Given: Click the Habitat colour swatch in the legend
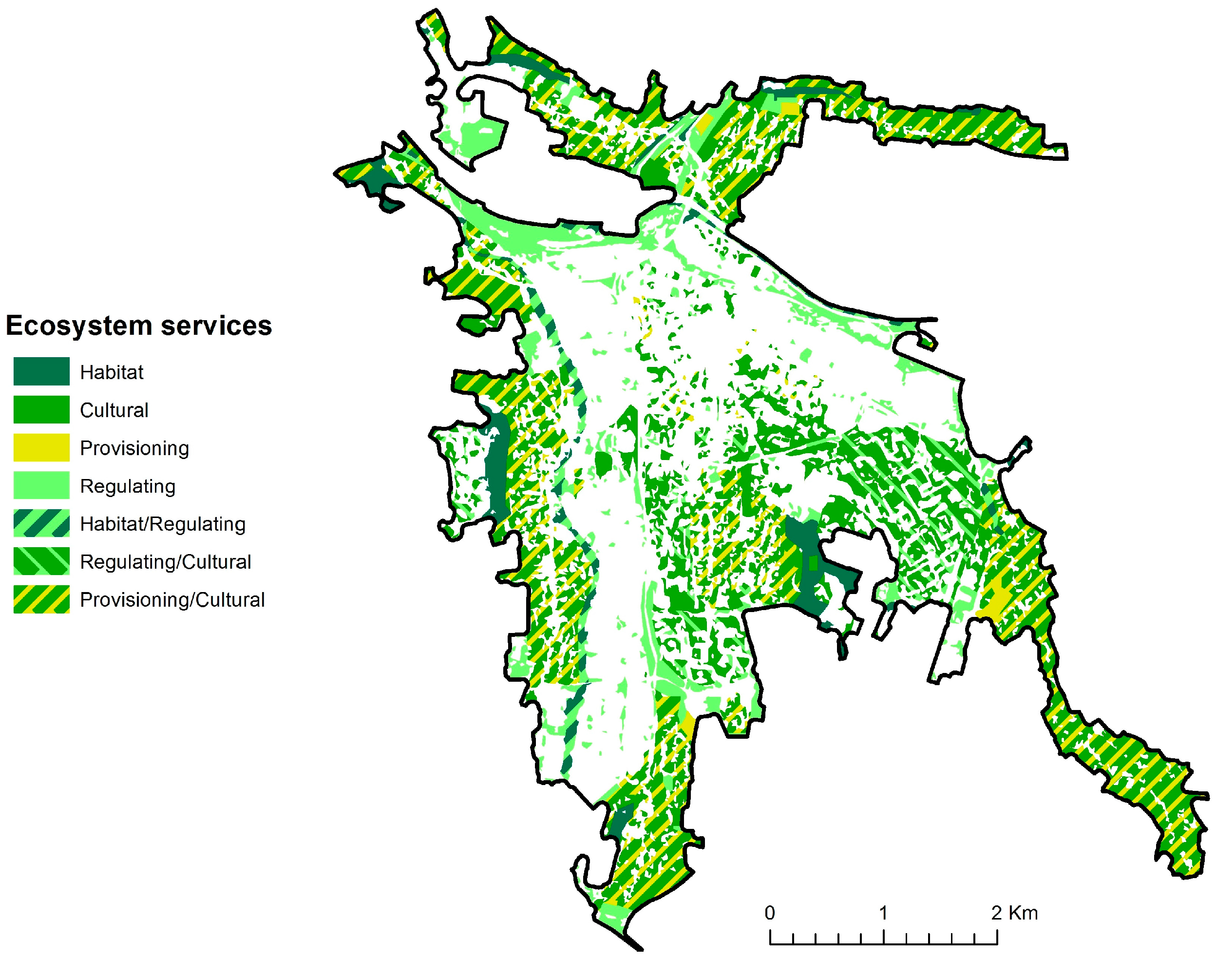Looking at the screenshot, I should pyautogui.click(x=41, y=371).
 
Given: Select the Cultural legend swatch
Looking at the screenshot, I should pyautogui.click(x=41, y=409).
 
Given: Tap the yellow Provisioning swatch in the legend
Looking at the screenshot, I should pyautogui.click(x=41, y=447).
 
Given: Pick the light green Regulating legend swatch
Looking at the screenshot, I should pyautogui.click(x=41, y=485).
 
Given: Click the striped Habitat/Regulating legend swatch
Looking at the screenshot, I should pyautogui.click(x=41, y=523).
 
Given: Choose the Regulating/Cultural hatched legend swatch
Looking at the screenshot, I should pyautogui.click(x=41, y=561).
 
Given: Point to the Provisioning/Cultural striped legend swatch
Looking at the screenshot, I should pyautogui.click(x=41, y=598).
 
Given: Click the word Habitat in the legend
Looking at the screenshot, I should pyautogui.click(x=111, y=372).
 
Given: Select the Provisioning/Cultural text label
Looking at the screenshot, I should pyautogui.click(x=172, y=600).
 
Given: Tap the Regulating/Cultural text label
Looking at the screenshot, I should pyautogui.click(x=165, y=561).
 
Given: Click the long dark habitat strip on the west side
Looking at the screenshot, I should pyautogui.click(x=496, y=466).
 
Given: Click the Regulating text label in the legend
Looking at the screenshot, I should pyautogui.click(x=128, y=486).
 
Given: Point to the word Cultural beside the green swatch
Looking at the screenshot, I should pyautogui.click(x=114, y=410).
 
